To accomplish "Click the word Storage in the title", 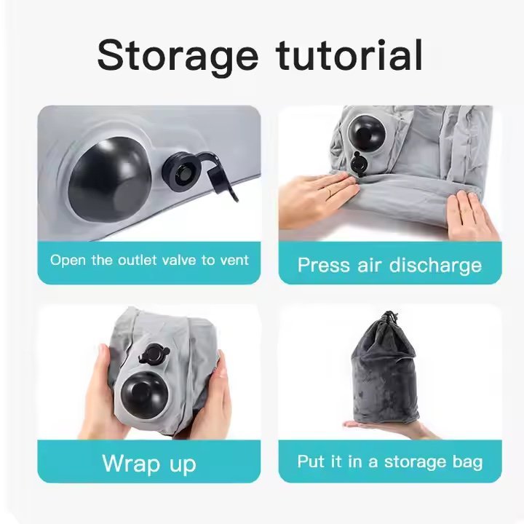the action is pyautogui.click(x=178, y=55).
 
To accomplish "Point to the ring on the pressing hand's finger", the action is pyautogui.click(x=329, y=191).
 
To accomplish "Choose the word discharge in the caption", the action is pyautogui.click(x=436, y=266).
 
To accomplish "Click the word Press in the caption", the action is pyautogui.click(x=323, y=266).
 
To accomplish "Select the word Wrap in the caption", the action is pyautogui.click(x=131, y=464).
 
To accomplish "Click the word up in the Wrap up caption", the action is pyautogui.click(x=183, y=466).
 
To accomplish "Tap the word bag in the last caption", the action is pyautogui.click(x=470, y=462).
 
